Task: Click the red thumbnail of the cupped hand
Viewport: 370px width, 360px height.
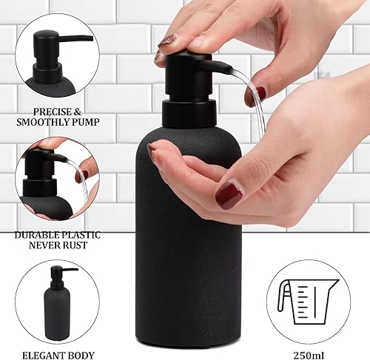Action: (229, 196)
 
